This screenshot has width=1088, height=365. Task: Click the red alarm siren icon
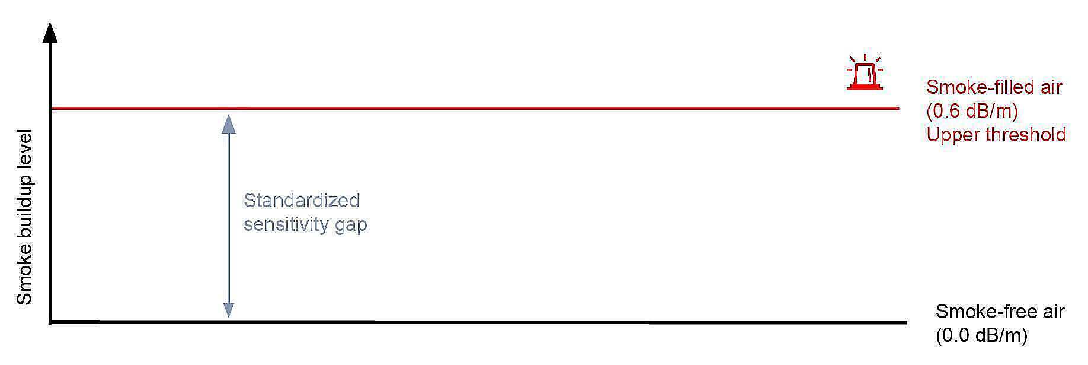(x=865, y=74)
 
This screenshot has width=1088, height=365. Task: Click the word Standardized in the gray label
(x=301, y=201)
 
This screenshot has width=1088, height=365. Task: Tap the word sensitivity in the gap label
(x=287, y=225)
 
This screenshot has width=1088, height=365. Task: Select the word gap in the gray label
(x=352, y=226)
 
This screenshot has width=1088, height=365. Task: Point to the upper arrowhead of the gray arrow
(x=228, y=123)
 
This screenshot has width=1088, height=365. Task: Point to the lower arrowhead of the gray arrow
(x=228, y=310)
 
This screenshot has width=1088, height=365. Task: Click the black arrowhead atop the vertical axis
(x=51, y=32)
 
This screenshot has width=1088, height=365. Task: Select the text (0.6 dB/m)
(x=972, y=111)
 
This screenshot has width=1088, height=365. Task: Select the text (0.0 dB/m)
(x=981, y=335)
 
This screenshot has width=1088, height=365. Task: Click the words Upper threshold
(x=996, y=135)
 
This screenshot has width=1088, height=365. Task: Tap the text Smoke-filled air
(x=994, y=87)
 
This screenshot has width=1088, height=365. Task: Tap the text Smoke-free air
(x=1000, y=312)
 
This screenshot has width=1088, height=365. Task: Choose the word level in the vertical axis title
(x=24, y=147)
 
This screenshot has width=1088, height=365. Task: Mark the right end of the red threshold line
(x=898, y=108)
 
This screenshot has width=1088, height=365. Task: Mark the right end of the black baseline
(x=905, y=323)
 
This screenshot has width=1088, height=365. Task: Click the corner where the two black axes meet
(x=51, y=322)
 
